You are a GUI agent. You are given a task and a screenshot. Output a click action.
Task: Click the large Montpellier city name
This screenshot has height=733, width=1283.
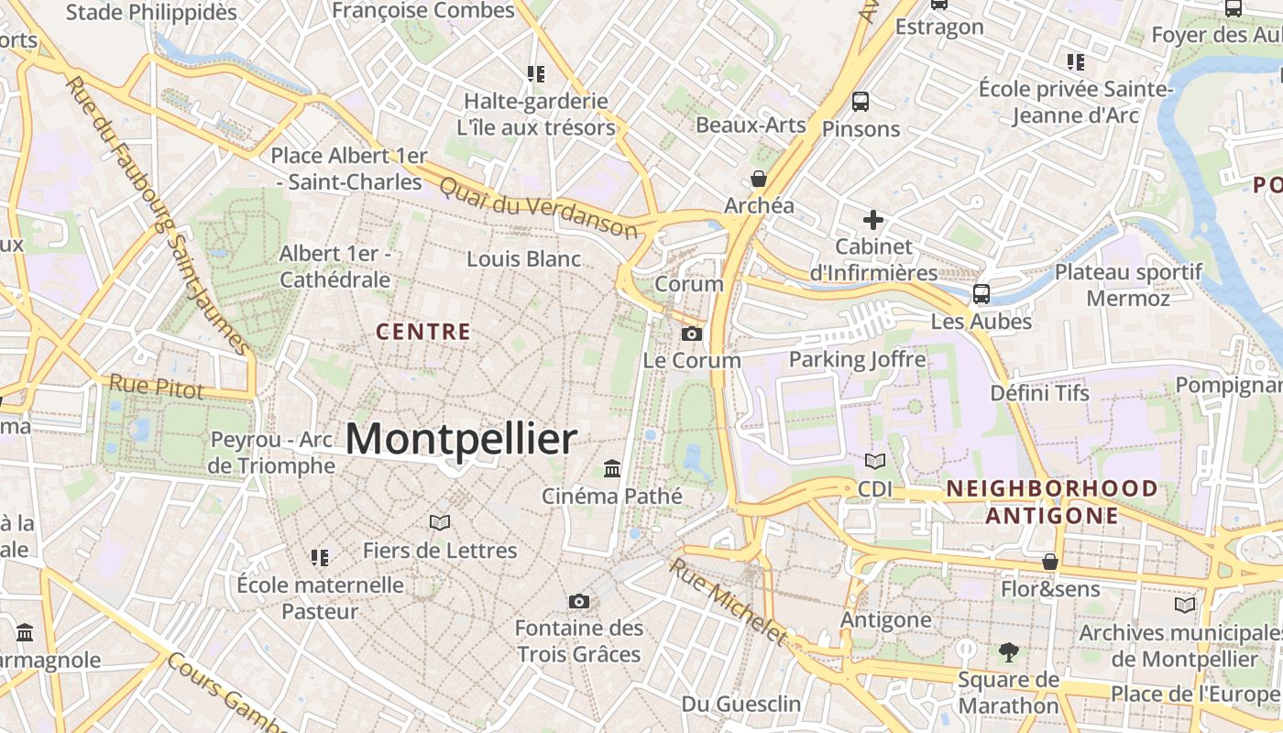pyautogui.click(x=461, y=440)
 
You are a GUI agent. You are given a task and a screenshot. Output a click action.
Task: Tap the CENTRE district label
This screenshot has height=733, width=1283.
pyautogui.click(x=423, y=332)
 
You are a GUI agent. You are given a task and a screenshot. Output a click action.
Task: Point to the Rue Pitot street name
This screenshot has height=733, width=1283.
pyautogui.click(x=156, y=387)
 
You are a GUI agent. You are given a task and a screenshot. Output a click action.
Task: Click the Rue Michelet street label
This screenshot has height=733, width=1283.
pyautogui.click(x=729, y=601)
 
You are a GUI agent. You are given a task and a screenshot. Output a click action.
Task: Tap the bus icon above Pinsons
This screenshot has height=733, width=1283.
pyautogui.click(x=860, y=101)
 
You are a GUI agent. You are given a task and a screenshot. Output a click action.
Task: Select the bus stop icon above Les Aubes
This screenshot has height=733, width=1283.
pyautogui.click(x=981, y=294)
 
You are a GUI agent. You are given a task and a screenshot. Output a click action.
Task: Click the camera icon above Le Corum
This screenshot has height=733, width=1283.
pyautogui.click(x=692, y=334)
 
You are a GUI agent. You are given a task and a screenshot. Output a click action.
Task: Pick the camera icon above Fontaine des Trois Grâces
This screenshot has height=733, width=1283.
pyautogui.click(x=578, y=601)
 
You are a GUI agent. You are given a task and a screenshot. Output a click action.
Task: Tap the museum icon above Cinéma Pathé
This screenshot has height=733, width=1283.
pyautogui.click(x=612, y=469)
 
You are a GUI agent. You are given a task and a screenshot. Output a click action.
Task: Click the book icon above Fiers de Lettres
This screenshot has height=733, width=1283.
pyautogui.click(x=440, y=522)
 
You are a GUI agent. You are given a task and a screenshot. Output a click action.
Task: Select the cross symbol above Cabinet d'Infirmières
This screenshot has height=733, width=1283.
pyautogui.click(x=873, y=220)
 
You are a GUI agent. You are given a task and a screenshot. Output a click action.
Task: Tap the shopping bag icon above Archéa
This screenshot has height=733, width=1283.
pyautogui.click(x=759, y=179)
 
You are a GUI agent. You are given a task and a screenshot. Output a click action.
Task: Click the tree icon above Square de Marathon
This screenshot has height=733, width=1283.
pyautogui.click(x=1008, y=652)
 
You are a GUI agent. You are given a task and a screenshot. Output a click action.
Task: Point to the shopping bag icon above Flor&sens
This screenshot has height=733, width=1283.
pyautogui.click(x=1049, y=561)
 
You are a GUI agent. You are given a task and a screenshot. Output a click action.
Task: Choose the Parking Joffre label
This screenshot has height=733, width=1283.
pyautogui.click(x=857, y=359)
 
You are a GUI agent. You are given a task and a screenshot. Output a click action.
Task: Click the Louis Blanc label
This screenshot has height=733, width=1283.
pyautogui.click(x=523, y=259)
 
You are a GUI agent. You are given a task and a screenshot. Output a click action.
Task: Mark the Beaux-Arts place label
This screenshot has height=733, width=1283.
pyautogui.click(x=751, y=125)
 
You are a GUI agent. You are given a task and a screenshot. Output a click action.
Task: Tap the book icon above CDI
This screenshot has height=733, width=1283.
pyautogui.click(x=875, y=461)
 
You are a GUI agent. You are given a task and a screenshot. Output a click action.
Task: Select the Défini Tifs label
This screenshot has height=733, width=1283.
pyautogui.click(x=1039, y=393)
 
